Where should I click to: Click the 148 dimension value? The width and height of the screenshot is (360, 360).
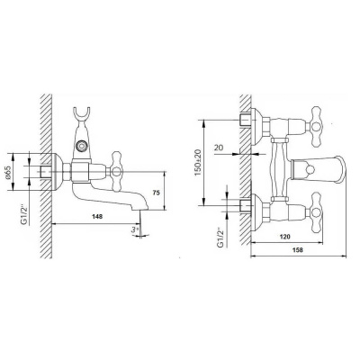[97, 216]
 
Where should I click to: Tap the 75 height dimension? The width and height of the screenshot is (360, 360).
[156, 193]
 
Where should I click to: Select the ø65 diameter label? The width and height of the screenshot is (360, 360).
[9, 172]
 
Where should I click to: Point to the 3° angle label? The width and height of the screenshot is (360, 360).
[134, 229]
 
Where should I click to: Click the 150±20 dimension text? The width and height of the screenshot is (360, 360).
[199, 162]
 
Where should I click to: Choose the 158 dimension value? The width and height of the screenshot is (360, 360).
[298, 249]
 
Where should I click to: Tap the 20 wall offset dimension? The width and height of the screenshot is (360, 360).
[219, 147]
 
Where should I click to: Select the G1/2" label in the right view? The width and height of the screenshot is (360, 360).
[220, 238]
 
